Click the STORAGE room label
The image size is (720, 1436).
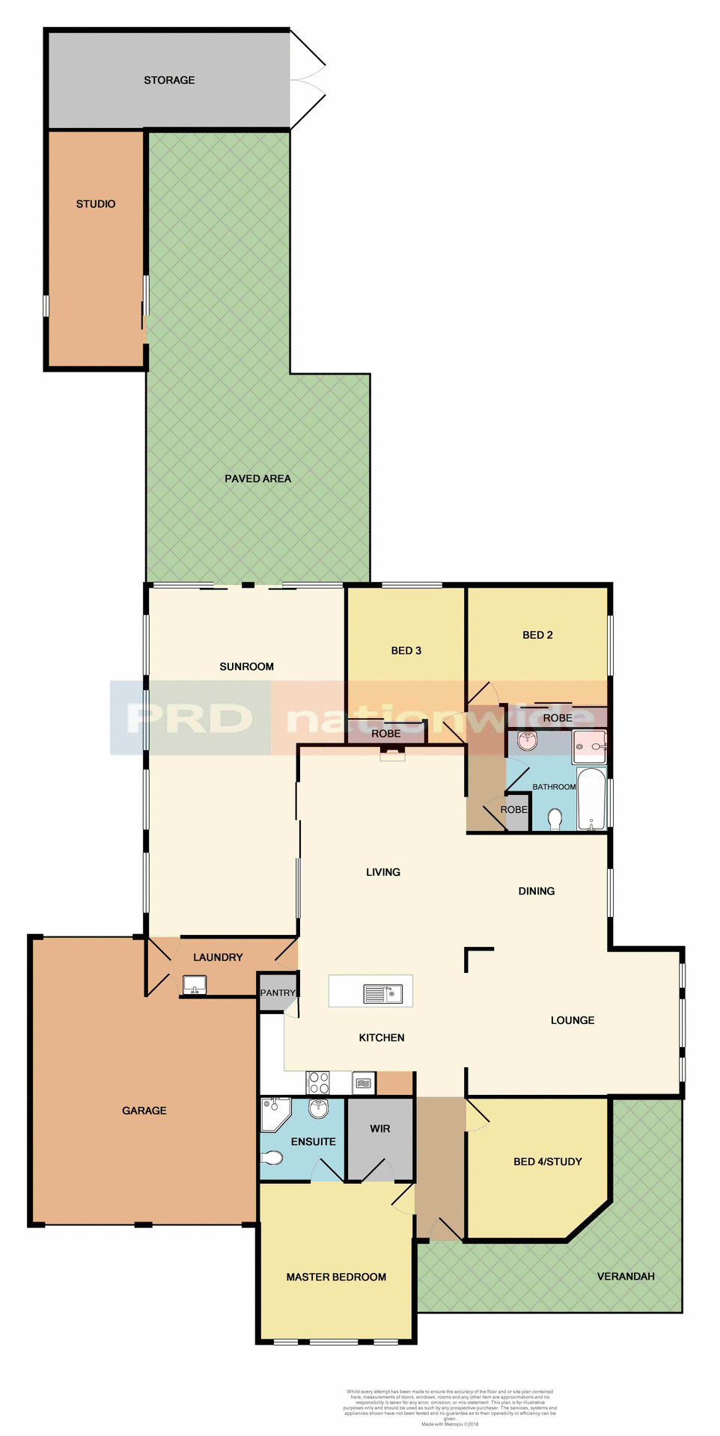(x=169, y=80)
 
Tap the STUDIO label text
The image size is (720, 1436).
(x=96, y=203)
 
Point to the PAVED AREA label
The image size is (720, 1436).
(x=257, y=479)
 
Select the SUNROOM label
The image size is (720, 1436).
(x=246, y=666)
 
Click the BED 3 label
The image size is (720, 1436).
(x=406, y=651)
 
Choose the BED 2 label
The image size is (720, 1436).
(x=537, y=635)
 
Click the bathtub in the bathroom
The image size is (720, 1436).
(x=591, y=799)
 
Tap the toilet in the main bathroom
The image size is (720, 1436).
(x=555, y=820)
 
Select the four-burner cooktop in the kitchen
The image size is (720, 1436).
(x=319, y=1082)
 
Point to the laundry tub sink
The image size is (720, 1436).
(x=195, y=984)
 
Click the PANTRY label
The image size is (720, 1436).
(x=278, y=993)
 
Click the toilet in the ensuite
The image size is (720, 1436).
(x=272, y=1159)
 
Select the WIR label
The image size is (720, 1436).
(x=379, y=1129)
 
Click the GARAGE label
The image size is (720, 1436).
(x=144, y=1111)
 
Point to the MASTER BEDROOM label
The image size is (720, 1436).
(x=336, y=1277)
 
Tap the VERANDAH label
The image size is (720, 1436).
(x=626, y=1276)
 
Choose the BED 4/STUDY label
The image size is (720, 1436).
(x=547, y=1162)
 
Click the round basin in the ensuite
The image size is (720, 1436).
(x=319, y=1108)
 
